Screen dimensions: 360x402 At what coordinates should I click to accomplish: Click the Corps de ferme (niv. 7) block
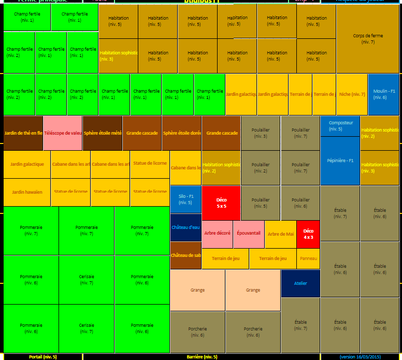368,39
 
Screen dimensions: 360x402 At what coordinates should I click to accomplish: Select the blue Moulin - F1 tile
383,94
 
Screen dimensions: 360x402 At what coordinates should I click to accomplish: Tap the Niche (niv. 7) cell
352,94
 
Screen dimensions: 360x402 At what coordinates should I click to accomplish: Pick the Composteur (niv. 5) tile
340,126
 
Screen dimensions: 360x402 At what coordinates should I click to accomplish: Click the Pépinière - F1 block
340,161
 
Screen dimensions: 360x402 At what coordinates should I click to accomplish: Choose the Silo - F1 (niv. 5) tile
185,199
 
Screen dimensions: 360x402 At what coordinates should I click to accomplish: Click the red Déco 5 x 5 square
221,203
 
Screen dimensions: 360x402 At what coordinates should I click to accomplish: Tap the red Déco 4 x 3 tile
308,234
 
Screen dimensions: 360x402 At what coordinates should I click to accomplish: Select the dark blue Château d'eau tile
185,227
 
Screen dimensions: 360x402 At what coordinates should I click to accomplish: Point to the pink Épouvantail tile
248,234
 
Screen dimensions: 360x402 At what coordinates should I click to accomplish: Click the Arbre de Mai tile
280,234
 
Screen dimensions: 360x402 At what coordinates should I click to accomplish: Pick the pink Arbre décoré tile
217,234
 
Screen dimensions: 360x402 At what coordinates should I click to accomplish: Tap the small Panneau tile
308,258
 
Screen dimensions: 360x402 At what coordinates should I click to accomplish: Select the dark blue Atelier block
300,283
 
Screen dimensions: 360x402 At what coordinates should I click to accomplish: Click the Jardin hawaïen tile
27,192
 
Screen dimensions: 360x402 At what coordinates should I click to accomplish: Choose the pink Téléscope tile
63,133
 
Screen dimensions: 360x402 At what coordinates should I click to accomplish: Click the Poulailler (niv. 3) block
261,133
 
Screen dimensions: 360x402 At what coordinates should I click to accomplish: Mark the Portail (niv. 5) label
42,357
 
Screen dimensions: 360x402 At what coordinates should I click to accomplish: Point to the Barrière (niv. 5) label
202,357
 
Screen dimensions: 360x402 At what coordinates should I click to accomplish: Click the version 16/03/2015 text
360,357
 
